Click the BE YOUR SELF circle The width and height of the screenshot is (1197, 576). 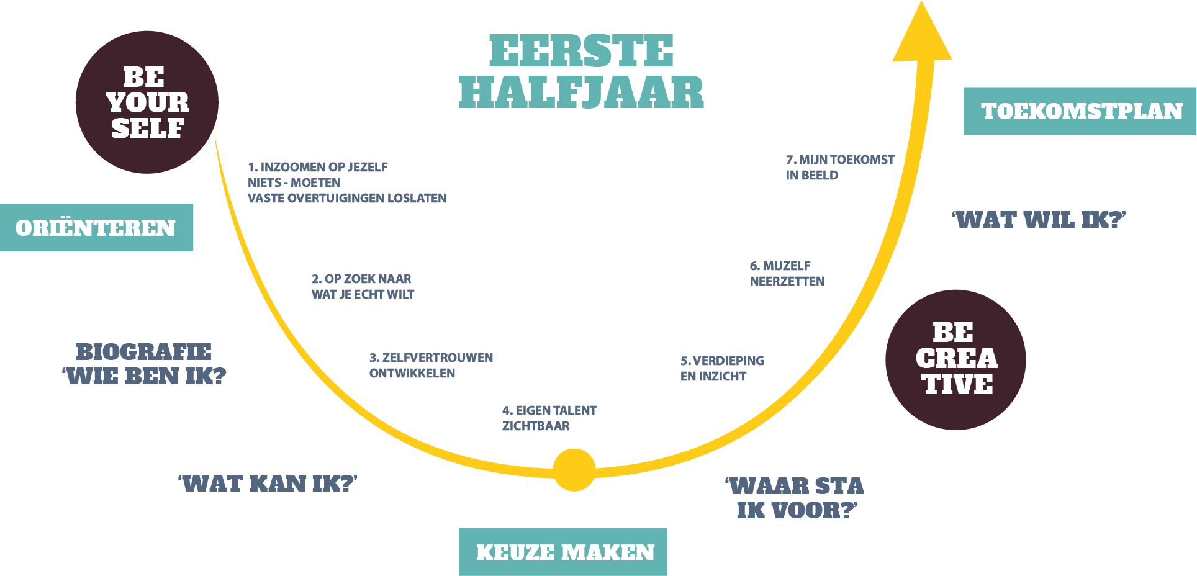point(147,102)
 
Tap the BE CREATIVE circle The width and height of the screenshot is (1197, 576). point(955,359)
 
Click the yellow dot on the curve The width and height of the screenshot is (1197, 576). point(574,470)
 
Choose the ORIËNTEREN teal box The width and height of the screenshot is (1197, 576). point(96,227)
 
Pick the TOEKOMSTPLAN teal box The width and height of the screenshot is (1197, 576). point(1081,111)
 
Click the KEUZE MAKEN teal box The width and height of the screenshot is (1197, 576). point(563,552)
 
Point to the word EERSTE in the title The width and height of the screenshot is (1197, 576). point(580,51)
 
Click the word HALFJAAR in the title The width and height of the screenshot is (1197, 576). point(580,92)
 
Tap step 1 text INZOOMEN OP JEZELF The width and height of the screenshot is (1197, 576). point(318,167)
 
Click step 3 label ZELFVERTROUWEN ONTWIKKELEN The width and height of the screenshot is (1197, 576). point(431,365)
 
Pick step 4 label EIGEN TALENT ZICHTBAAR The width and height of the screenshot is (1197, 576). point(549,418)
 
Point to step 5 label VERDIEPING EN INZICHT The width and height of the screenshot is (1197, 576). point(722,368)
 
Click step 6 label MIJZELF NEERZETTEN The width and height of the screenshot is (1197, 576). point(787,273)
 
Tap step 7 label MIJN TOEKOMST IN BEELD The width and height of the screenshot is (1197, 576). point(840,167)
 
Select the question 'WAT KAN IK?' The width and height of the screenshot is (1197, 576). point(268,483)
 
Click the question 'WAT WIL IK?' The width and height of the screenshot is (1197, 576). point(1039,220)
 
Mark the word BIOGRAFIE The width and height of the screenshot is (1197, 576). point(143,351)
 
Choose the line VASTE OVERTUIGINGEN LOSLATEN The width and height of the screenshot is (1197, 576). point(347,198)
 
